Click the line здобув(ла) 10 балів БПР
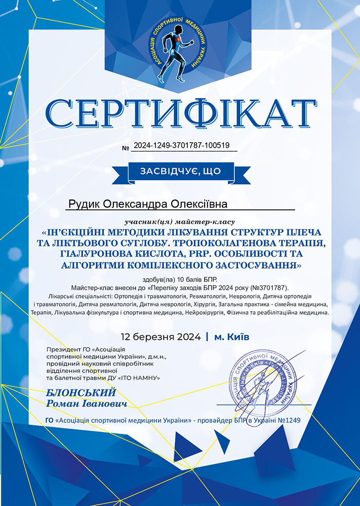click(x=180, y=278)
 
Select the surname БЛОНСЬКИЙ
click(x=81, y=393)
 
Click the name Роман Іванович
click(x=86, y=404)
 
